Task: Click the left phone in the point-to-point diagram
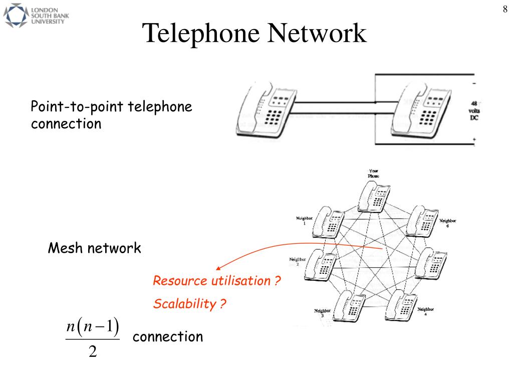[x=263, y=111]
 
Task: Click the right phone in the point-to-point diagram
[x=419, y=111]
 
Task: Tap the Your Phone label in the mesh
[x=374, y=173]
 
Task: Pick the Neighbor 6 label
[x=447, y=223]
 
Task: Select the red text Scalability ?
[x=190, y=303]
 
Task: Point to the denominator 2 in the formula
[x=93, y=352]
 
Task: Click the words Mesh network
[x=94, y=248]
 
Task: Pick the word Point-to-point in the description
[x=78, y=107]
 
